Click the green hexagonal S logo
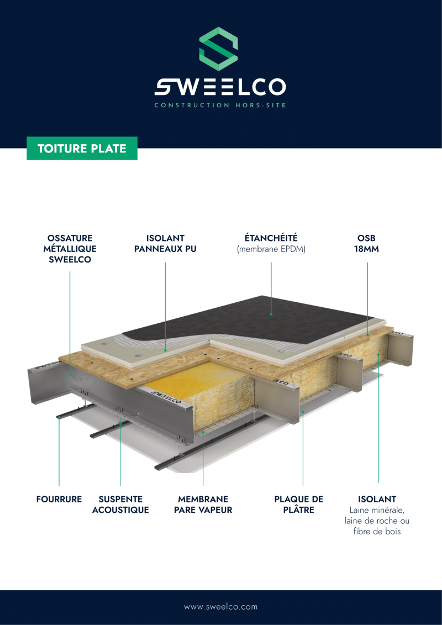pos(218,49)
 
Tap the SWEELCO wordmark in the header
pos(220,87)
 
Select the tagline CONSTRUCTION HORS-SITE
pos(220,105)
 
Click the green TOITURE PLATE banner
pos(82,148)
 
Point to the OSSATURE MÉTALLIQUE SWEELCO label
pos(70,249)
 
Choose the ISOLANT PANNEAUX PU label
pos(165,244)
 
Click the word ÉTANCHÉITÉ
pos(271,238)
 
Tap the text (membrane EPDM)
pos(271,250)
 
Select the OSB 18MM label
pos(367,244)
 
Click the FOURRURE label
pos(59,499)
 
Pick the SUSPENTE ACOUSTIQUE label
pos(120,504)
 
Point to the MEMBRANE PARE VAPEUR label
pos(203,504)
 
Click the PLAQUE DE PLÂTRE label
pos(299,504)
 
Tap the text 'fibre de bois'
pos(377,531)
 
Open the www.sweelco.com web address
pos(221,607)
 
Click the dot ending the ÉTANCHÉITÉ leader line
pos(271,314)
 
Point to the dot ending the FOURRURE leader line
pos(59,417)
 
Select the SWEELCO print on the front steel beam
pos(167,397)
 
